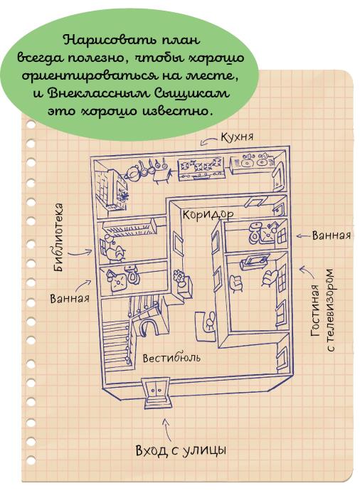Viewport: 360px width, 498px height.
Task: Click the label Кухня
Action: pyautogui.click(x=237, y=137)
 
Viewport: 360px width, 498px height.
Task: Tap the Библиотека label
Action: pyautogui.click(x=58, y=237)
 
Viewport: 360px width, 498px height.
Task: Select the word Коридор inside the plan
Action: pyautogui.click(x=208, y=215)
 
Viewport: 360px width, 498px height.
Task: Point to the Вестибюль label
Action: pyautogui.click(x=171, y=358)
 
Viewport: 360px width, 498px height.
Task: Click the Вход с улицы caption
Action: pyautogui.click(x=181, y=450)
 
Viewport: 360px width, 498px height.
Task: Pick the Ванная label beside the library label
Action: pyautogui.click(x=70, y=299)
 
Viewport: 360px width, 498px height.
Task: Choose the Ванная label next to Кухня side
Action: pyautogui.click(x=332, y=235)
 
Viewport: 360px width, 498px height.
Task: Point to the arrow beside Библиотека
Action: pyautogui.click(x=80, y=253)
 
